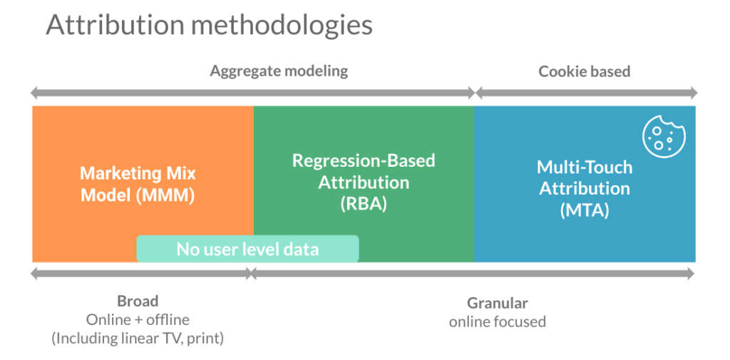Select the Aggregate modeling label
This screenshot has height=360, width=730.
click(279, 71)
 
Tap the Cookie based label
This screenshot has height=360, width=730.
click(584, 71)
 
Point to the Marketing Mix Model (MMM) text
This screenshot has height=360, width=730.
click(138, 184)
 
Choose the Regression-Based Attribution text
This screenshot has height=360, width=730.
click(364, 171)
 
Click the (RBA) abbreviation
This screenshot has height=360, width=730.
click(364, 204)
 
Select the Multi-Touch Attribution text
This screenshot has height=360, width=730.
click(585, 178)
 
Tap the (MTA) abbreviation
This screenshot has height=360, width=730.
click(585, 210)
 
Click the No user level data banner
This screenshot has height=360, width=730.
click(247, 249)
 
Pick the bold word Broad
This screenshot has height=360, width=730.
click(138, 302)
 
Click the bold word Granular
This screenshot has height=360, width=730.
click(497, 303)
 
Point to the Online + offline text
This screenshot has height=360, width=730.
click(138, 319)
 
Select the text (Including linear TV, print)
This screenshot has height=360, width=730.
click(138, 338)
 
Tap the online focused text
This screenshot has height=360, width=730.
click(497, 322)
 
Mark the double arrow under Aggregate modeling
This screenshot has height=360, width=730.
click(252, 93)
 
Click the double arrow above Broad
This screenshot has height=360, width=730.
click(141, 273)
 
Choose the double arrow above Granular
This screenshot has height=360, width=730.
click(471, 273)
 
